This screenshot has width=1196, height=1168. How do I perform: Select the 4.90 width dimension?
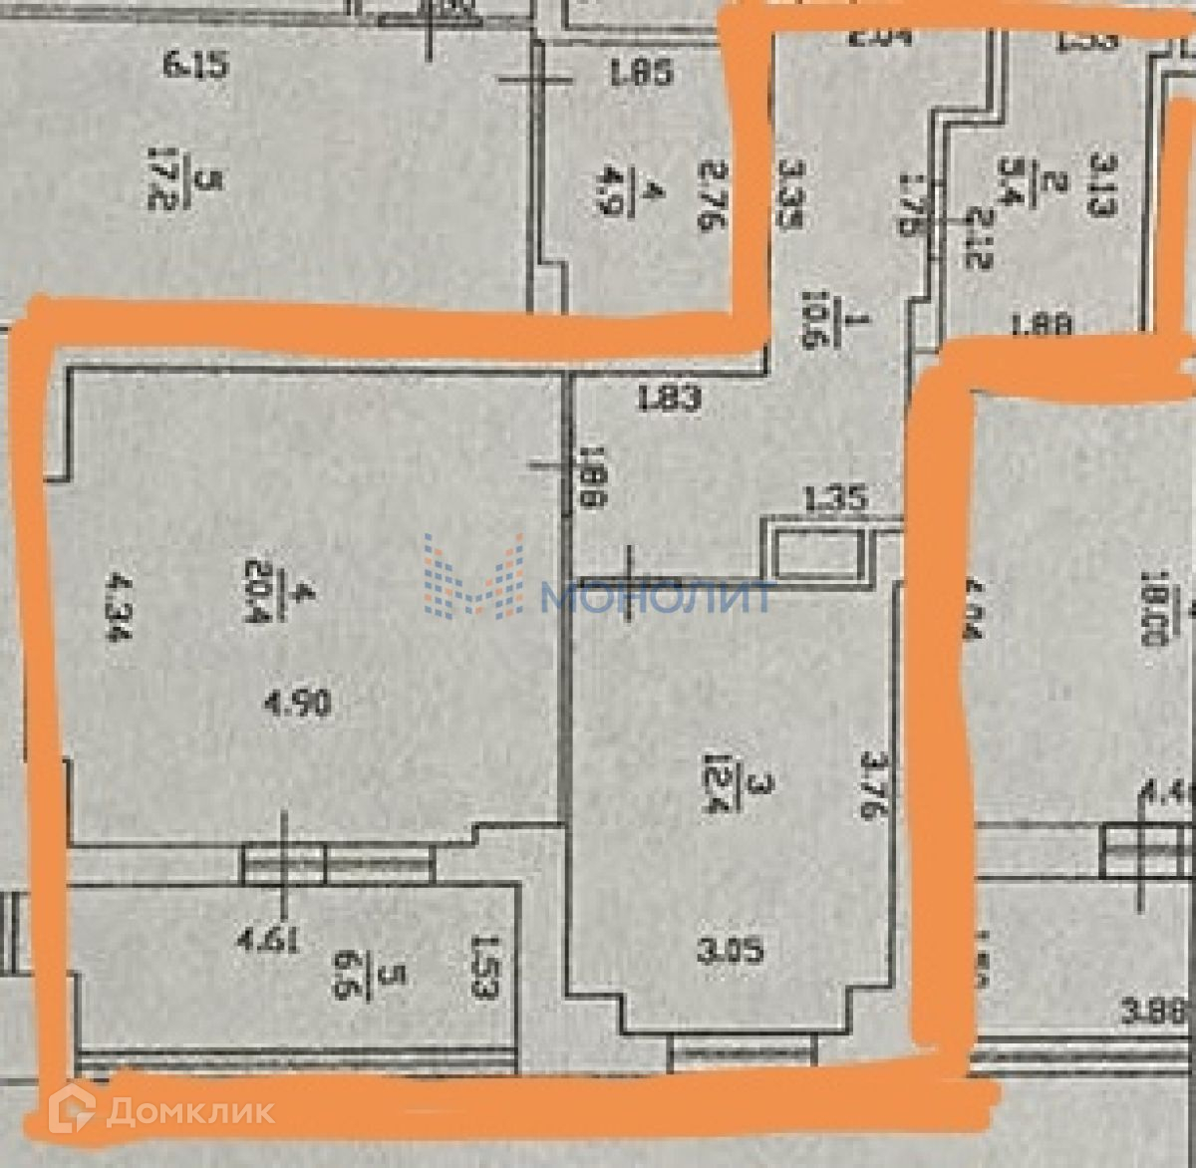click(299, 706)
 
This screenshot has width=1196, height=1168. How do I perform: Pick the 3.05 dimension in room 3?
click(733, 952)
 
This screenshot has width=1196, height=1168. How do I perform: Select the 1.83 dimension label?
click(670, 399)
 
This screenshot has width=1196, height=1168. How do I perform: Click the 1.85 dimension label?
click(641, 72)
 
